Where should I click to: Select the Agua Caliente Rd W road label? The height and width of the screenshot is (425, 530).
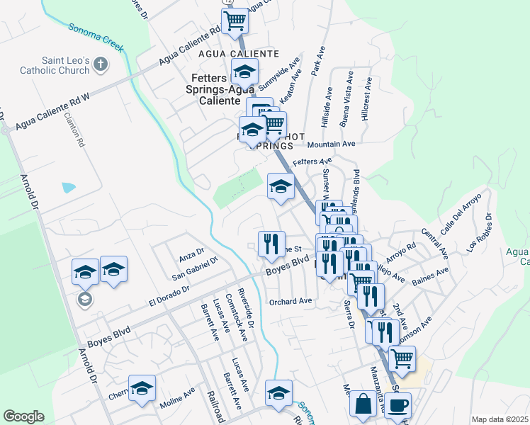tap(51, 113)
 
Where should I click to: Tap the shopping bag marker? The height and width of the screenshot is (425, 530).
tap(363, 406)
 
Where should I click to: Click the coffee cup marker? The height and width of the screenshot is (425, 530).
tap(398, 406)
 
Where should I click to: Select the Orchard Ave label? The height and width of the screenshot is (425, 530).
tap(291, 301)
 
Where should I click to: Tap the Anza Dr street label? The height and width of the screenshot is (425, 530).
tap(191, 251)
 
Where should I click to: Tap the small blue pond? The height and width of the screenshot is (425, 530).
tap(69, 188)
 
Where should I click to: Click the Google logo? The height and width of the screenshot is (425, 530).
tap(23, 416)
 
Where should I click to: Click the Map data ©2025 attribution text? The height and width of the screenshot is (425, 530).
tap(499, 419)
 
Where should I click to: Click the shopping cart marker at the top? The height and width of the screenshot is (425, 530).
tap(235, 21)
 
